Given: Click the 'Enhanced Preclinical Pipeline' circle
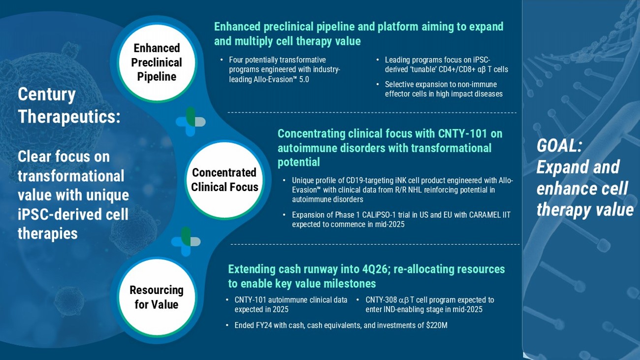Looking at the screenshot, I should [x=157, y=63].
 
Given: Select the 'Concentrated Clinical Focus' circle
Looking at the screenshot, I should [x=224, y=180].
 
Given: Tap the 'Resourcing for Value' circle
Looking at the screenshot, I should [x=157, y=297].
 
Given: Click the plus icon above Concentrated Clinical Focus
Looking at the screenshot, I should [x=190, y=122].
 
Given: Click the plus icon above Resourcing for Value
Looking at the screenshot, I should [x=186, y=241].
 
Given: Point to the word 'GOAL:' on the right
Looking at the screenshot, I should [x=559, y=146].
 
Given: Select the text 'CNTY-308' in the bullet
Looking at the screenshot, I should [x=381, y=300].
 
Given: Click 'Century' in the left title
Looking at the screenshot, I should [x=47, y=94].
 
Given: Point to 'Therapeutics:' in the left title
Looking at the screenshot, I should [x=69, y=117].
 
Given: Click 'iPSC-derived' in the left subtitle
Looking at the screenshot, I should [x=73, y=215].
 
